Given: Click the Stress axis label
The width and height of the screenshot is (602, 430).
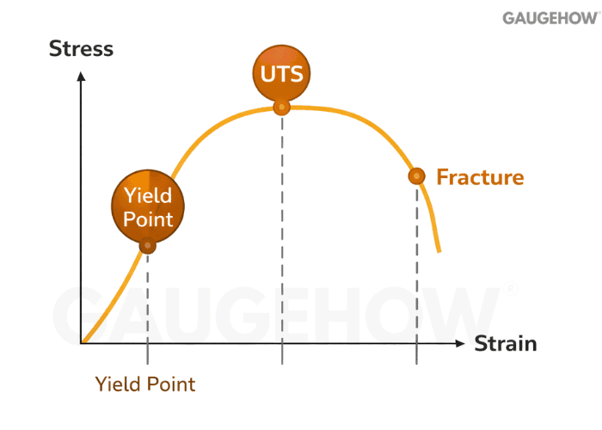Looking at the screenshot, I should click(x=81, y=48).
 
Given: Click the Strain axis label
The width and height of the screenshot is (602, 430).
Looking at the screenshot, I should click(x=506, y=344).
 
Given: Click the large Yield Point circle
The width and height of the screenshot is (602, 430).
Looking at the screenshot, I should click(x=148, y=205).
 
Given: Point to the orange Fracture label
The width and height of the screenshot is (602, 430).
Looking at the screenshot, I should click(x=480, y=178).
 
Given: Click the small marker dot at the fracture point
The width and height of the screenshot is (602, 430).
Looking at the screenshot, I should click(x=416, y=176).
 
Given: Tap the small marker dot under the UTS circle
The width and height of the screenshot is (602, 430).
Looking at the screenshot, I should click(x=281, y=107).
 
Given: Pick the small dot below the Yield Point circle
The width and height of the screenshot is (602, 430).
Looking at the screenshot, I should click(x=148, y=246).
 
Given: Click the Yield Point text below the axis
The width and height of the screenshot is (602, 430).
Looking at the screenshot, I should click(x=145, y=384).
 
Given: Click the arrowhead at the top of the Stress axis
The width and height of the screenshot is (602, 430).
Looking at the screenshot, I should click(x=81, y=76).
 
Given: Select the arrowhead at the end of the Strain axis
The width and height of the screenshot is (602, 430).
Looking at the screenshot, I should click(x=462, y=344).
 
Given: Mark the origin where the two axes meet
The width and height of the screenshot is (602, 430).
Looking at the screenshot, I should click(x=82, y=344).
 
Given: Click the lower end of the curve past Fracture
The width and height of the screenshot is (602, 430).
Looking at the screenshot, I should click(x=439, y=249).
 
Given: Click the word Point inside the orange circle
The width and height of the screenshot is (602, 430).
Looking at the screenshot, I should click(x=148, y=218).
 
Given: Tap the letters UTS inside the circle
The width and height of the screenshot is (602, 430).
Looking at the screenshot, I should click(x=282, y=73).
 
